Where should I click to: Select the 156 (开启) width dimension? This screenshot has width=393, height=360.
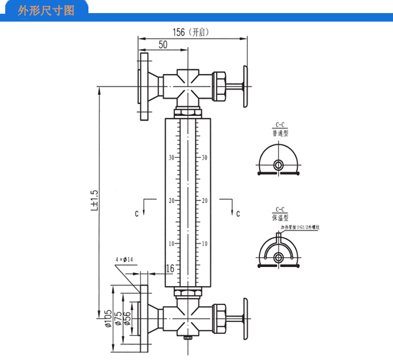tap(190, 31)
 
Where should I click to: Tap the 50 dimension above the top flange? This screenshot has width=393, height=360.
tap(163, 45)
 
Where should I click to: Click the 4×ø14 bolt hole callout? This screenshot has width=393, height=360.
tap(124, 260)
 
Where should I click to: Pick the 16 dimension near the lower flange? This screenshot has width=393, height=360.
tap(170, 268)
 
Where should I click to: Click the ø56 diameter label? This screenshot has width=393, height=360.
tap(127, 319)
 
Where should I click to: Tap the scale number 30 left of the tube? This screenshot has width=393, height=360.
tap(171, 158)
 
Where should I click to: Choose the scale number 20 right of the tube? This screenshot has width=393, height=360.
tap(204, 200)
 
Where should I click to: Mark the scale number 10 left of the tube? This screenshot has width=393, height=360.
tap(171, 243)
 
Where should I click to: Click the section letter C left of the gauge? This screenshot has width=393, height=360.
tap(137, 213)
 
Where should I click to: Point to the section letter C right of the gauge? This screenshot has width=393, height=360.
tap(238, 213)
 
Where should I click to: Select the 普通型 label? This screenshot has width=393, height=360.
tap(280, 133)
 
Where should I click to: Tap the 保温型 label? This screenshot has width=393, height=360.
tap(280, 216)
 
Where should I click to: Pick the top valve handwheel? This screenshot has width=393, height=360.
tap(246, 84)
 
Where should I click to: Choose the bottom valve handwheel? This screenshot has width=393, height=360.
tap(246, 318)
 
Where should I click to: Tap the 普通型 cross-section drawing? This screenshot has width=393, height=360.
tap(279, 162)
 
